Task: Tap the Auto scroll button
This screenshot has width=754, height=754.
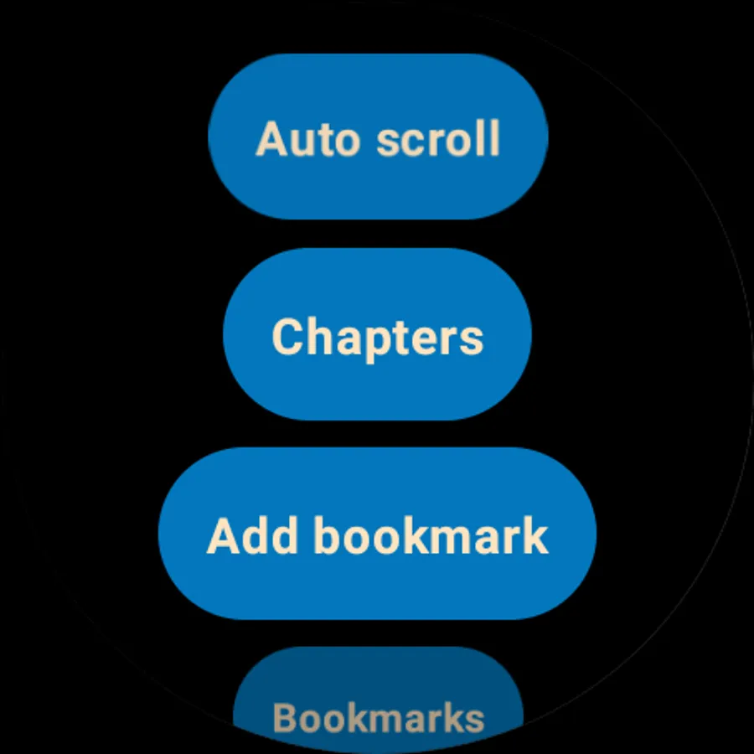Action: pyautogui.click(x=378, y=137)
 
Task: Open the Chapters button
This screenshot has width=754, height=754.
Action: pyautogui.click(x=378, y=334)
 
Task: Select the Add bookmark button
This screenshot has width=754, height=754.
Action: pyautogui.click(x=378, y=534)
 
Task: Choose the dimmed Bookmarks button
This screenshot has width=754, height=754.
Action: pyautogui.click(x=378, y=700)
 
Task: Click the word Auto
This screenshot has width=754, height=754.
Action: pyautogui.click(x=307, y=139)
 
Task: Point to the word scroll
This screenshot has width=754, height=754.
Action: pyautogui.click(x=438, y=138)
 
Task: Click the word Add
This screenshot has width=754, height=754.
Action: pyautogui.click(x=251, y=536)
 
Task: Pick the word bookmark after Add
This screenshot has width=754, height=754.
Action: pyautogui.click(x=431, y=535)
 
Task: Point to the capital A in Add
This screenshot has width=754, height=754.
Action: pyautogui.click(x=225, y=536)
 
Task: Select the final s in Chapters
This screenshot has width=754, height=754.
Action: pyautogui.click(x=471, y=341)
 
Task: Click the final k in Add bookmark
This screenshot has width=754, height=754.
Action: pyautogui.click(x=535, y=535)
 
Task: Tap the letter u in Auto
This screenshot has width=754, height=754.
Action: pyautogui.click(x=310, y=144)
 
